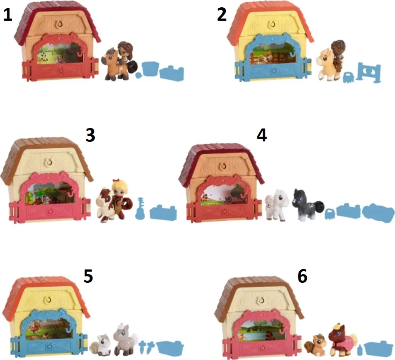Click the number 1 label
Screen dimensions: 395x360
tap(8, 15)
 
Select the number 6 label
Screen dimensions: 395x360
tap(302, 276)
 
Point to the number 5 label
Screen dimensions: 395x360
tap(88, 276)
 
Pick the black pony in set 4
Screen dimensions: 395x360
tap(307, 205)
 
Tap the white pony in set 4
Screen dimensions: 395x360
tap(277, 205)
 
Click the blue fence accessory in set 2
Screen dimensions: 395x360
tap(369, 72)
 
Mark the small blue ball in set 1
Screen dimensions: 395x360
tap(138, 75)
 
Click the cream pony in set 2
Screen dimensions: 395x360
tap(327, 65)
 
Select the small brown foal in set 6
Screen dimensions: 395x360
tap(315, 344)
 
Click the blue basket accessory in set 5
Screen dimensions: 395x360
tap(170, 348)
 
